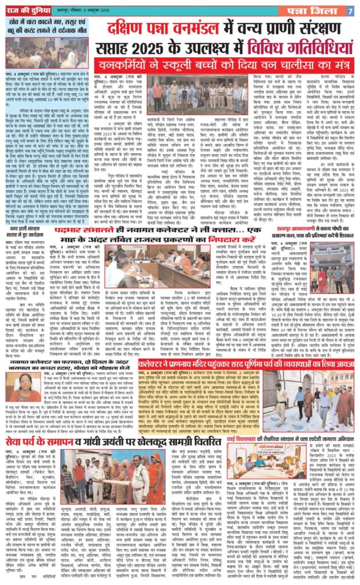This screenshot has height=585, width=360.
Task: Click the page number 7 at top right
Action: [x=350, y=10]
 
